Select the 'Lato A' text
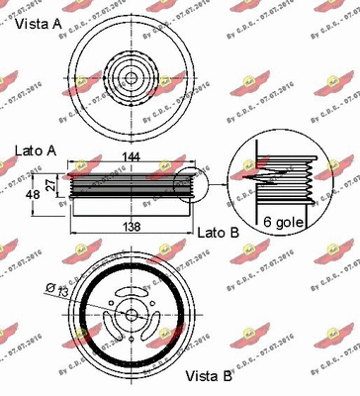[35, 150]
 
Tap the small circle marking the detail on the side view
[183, 186]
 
